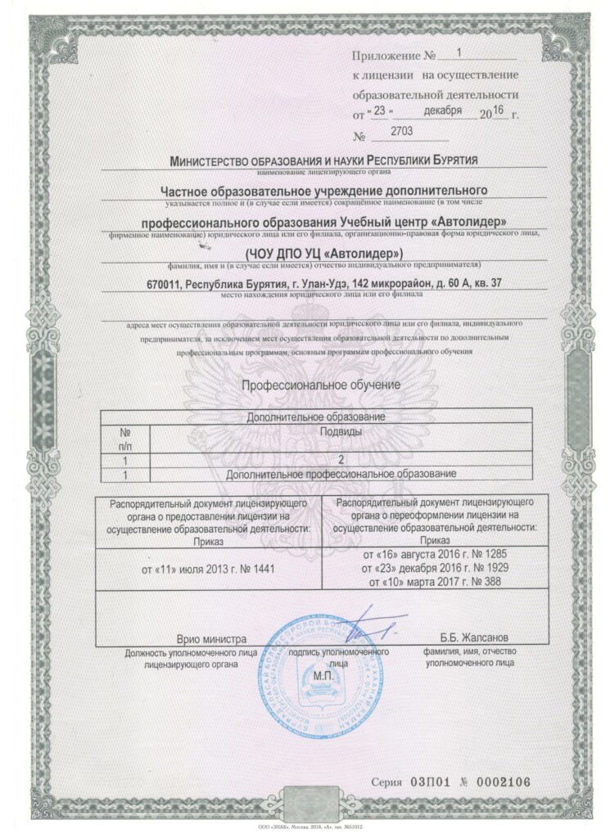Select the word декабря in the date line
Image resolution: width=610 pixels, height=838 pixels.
[x=443, y=110]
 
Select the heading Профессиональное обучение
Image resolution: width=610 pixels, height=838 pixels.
[x=320, y=384]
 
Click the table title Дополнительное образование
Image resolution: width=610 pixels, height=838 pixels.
[x=316, y=417]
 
